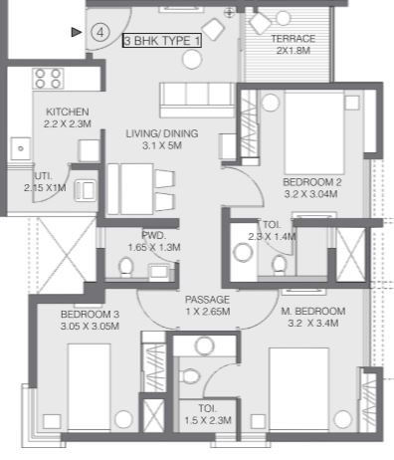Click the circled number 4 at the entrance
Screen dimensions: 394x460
point(99,33)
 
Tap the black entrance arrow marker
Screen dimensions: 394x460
point(77,32)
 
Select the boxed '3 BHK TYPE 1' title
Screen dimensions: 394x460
point(162,41)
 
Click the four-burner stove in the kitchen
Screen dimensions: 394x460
point(48,79)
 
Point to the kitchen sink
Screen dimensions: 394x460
point(21,148)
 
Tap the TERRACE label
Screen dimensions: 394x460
point(294,39)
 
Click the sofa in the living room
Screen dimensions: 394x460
point(197,100)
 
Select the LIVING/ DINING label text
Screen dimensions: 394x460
point(162,133)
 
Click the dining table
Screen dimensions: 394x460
point(130,189)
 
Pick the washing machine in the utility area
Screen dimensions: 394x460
point(86,190)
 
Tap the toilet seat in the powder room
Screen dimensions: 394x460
point(125,267)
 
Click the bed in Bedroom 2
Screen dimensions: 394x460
point(314,133)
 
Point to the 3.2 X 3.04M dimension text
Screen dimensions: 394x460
point(310,194)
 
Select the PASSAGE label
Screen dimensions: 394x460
point(207,300)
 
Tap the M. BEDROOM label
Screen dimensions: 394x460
point(313,312)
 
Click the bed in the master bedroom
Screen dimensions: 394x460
point(298,389)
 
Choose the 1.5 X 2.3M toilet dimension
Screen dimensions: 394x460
point(208,420)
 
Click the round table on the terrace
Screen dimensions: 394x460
point(283,18)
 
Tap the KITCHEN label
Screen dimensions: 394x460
point(68,112)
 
